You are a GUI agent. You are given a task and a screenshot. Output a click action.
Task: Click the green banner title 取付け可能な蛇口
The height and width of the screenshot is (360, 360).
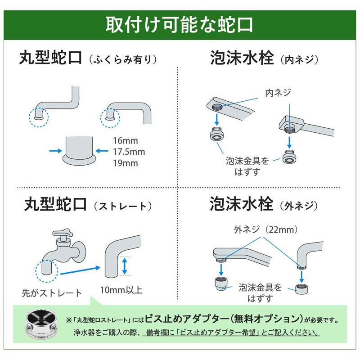pyautogui.click(x=180, y=25)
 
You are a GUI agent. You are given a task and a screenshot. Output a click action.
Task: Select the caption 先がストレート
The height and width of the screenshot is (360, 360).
pyautogui.click(x=52, y=293)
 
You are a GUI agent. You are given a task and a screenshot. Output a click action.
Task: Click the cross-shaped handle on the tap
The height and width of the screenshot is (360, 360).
pyautogui.click(x=61, y=235)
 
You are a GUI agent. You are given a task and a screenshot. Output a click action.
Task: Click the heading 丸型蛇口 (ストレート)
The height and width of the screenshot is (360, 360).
pyautogui.click(x=85, y=205)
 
